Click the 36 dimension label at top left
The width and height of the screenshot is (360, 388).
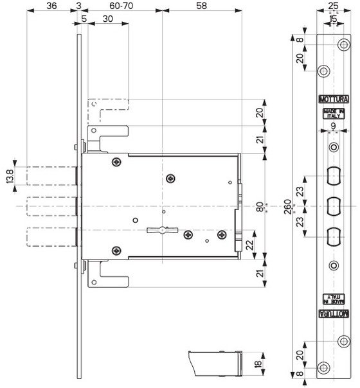[x=51, y=5]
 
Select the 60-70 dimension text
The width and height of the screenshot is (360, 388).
[x=122, y=5]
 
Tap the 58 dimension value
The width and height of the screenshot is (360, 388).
[x=201, y=5]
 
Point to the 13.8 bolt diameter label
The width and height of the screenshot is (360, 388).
[x=10, y=176]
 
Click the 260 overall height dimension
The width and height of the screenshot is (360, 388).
[x=287, y=207]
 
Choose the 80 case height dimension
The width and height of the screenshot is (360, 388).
[x=260, y=207]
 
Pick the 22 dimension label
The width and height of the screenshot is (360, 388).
[x=250, y=245]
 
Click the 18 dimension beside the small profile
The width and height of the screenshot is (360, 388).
[x=258, y=364]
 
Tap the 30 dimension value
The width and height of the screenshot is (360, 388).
[x=108, y=19]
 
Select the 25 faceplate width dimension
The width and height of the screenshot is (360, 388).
[x=334, y=5]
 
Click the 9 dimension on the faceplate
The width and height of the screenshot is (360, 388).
[x=334, y=126]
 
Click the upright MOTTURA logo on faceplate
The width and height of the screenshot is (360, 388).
[x=334, y=99]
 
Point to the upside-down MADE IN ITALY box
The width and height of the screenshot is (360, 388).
[x=334, y=299]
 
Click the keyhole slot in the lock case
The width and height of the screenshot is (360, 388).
[x=163, y=230]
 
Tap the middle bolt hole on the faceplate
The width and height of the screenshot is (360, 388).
[x=334, y=206]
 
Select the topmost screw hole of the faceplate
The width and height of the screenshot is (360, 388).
[x=344, y=45]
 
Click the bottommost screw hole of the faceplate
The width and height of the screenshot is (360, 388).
[x=323, y=368]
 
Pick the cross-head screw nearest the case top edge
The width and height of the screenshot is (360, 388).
[x=116, y=162]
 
